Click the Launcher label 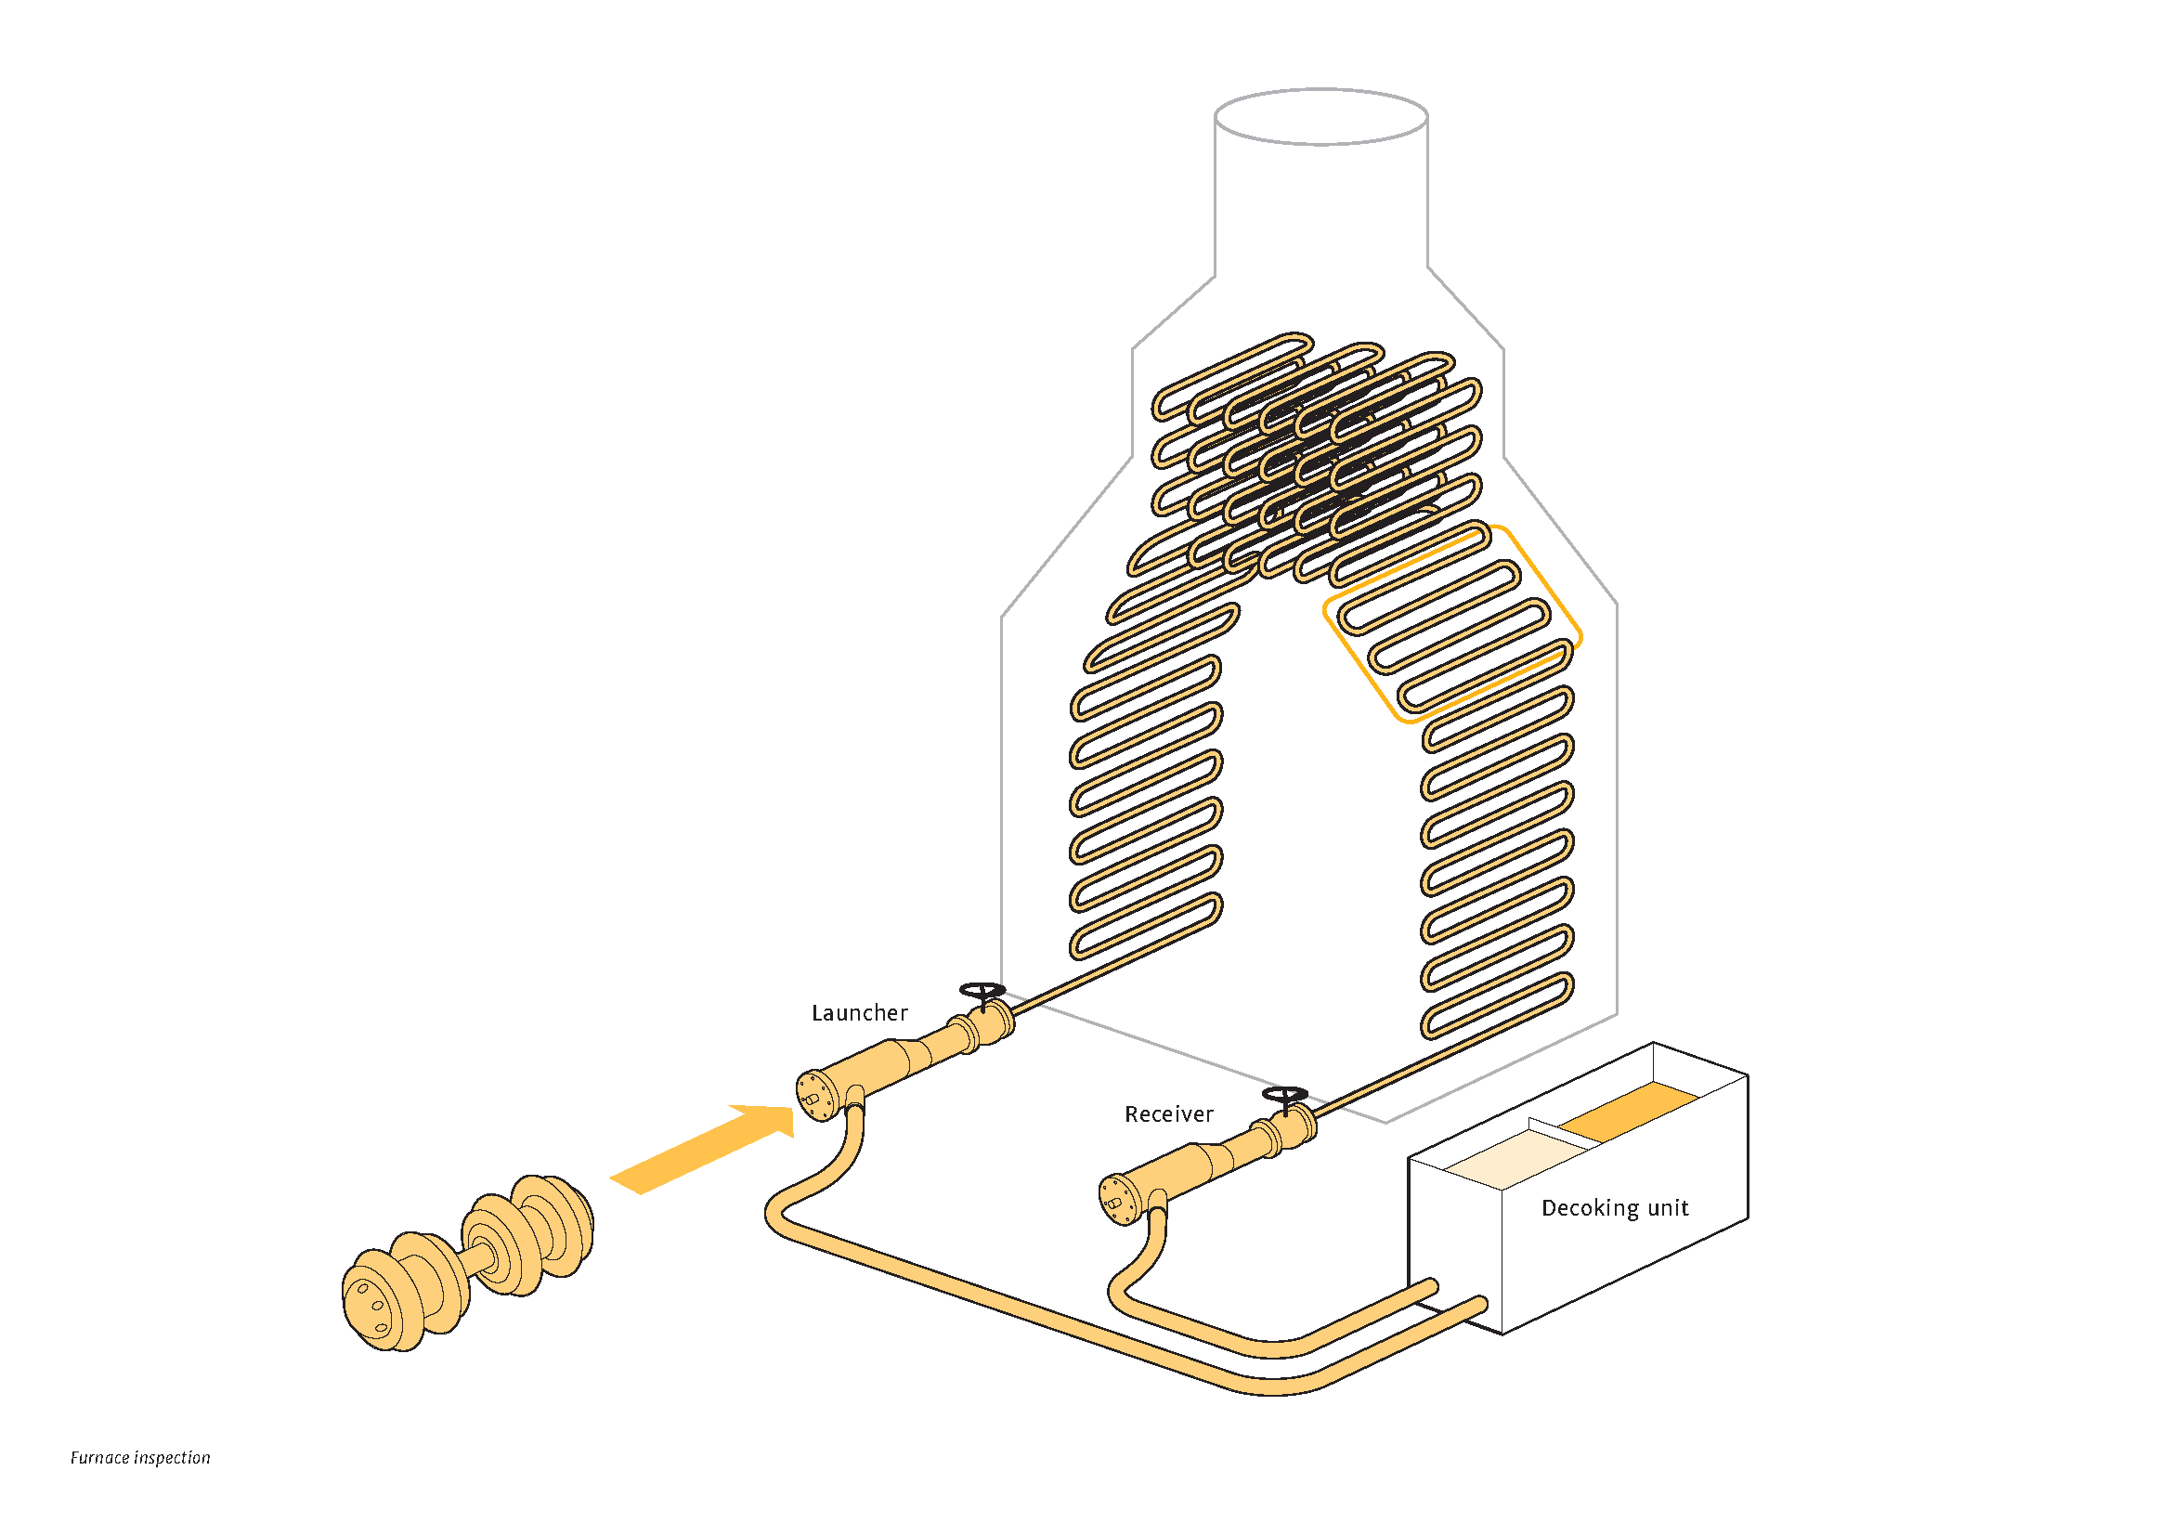859,1013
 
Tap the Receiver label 1168,1114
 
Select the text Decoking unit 1615,1208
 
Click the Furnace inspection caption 140,1457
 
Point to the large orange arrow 702,1148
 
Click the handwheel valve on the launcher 982,991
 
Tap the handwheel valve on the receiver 1285,1095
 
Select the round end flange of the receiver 1117,1199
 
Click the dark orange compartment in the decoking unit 1628,1111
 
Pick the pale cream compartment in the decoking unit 1515,1158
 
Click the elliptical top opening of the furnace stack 1320,117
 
